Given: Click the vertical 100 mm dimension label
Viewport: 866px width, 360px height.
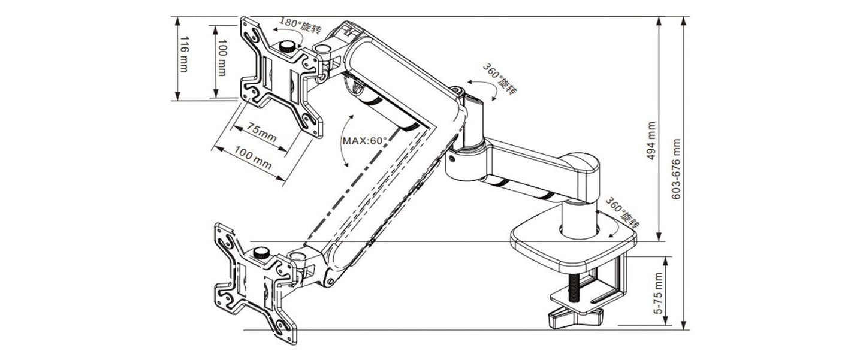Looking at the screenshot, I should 222,58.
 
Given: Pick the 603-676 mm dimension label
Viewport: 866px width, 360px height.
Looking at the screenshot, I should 677,170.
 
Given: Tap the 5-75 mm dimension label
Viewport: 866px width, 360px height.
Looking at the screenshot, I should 659,294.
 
